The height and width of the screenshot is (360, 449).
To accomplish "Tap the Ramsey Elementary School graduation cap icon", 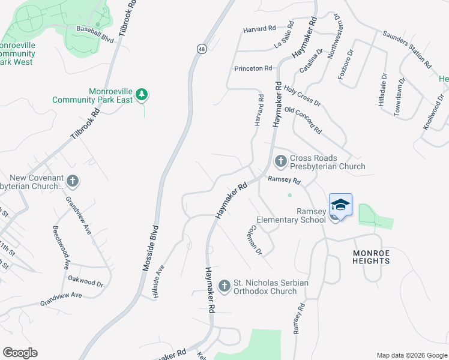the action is click(x=340, y=205).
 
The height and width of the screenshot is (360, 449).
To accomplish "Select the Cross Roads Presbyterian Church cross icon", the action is click(x=280, y=161).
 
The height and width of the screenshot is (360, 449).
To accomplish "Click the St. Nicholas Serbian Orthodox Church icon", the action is click(x=224, y=286).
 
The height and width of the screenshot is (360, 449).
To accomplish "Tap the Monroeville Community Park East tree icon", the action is click(x=142, y=94).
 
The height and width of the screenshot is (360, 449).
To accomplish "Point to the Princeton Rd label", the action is click(x=253, y=68).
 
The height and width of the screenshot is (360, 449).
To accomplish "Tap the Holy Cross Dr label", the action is click(x=303, y=95).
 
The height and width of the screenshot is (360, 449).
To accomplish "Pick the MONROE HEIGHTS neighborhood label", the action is click(x=370, y=257).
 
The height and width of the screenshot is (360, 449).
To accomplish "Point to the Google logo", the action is click(x=20, y=353).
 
